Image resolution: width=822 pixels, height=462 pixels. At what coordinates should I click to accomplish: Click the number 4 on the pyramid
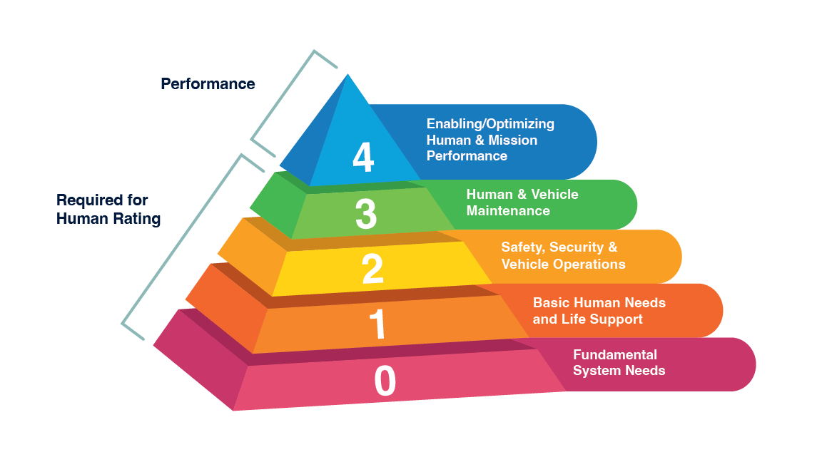[363, 158]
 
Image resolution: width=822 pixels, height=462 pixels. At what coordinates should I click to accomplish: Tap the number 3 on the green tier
[365, 213]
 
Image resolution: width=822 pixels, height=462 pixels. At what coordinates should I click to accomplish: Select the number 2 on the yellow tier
[372, 269]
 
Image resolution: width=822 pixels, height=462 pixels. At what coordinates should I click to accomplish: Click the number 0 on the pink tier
[385, 381]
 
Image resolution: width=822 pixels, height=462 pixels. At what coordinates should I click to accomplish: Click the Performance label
[208, 84]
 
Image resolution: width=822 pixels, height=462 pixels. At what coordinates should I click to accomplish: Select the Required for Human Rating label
[108, 210]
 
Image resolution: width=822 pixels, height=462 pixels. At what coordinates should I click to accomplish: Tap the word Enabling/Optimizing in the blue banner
[490, 123]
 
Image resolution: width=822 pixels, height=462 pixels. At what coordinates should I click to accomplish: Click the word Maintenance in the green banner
[508, 210]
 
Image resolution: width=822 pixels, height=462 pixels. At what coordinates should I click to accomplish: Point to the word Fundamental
[615, 354]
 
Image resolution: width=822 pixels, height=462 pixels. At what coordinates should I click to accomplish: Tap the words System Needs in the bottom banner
[619, 370]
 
